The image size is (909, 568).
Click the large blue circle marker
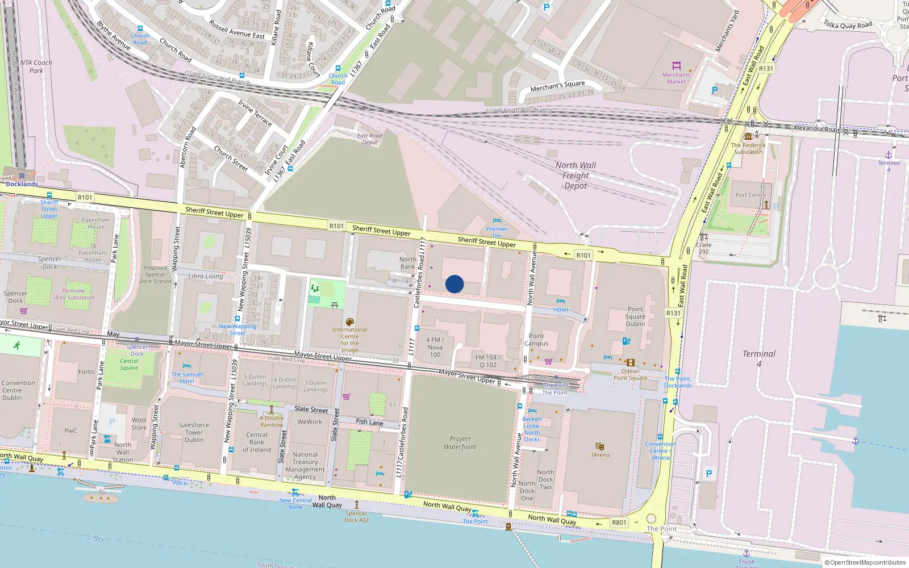point(454,284)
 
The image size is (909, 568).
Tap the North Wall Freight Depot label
point(576,176)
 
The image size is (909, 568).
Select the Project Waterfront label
point(460,443)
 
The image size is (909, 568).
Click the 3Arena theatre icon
point(599,446)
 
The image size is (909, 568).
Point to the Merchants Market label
point(676,78)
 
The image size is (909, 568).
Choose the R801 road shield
point(619,523)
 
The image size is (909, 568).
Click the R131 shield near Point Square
point(673,313)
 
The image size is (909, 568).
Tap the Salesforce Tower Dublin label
point(194,432)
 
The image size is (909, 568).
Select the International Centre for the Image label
point(350,340)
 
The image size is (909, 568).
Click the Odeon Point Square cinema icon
point(630,362)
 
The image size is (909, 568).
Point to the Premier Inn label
point(497,232)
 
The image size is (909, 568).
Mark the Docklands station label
point(22,184)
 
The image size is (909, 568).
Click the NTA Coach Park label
point(36,66)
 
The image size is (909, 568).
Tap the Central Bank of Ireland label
point(257,442)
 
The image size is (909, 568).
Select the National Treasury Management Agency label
point(305,466)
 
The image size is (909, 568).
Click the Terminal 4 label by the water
point(758,358)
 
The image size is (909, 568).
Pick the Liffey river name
point(96,538)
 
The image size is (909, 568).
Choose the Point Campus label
point(536,340)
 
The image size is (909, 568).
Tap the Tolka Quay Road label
point(848,24)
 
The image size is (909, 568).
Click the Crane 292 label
point(703,248)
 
